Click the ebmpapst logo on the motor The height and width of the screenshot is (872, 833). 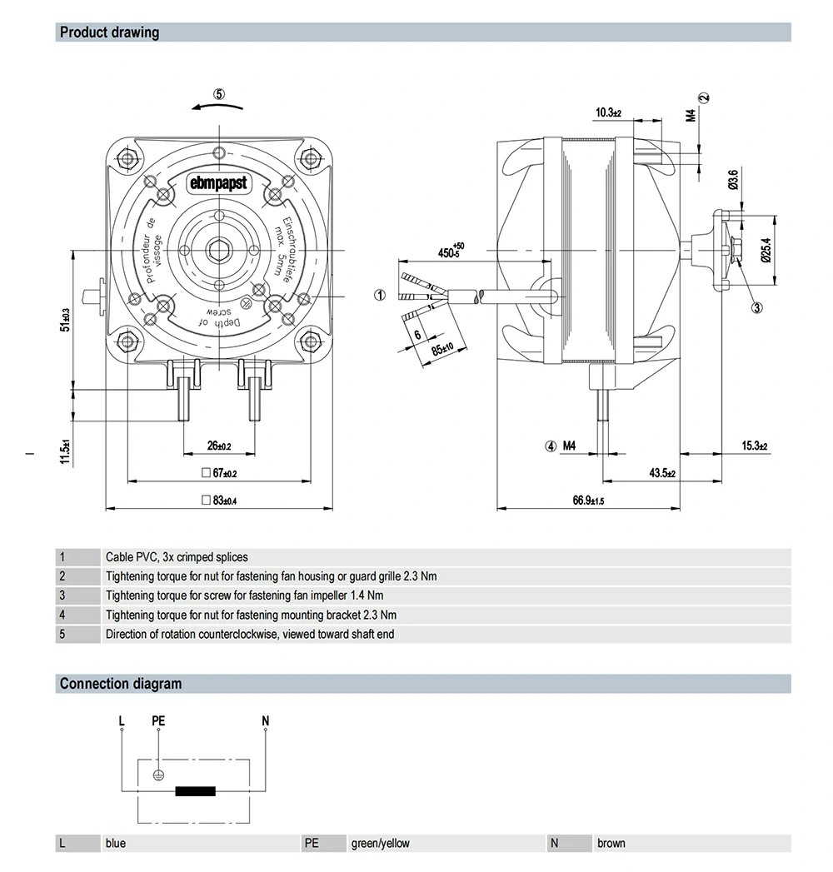pos(218,183)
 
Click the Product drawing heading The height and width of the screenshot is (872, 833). pos(109,33)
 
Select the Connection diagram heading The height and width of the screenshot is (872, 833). pos(120,684)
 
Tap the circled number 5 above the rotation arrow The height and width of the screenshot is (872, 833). pos(219,94)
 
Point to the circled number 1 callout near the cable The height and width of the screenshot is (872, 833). pos(379,295)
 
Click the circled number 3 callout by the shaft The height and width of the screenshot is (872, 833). pos(756,308)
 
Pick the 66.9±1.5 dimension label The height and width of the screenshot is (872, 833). pos(587,501)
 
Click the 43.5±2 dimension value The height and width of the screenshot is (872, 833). pos(662,473)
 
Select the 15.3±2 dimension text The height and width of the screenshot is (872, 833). pos(754,446)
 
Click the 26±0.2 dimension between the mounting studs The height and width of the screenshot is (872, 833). pos(219,446)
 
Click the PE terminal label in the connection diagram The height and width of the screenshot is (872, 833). pos(158,720)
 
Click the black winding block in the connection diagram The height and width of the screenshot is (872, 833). pos(195,791)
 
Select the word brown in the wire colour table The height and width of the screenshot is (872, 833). pos(611,843)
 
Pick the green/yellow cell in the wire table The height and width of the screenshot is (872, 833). pos(381,843)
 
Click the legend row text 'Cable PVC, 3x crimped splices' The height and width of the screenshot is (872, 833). pos(177,557)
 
